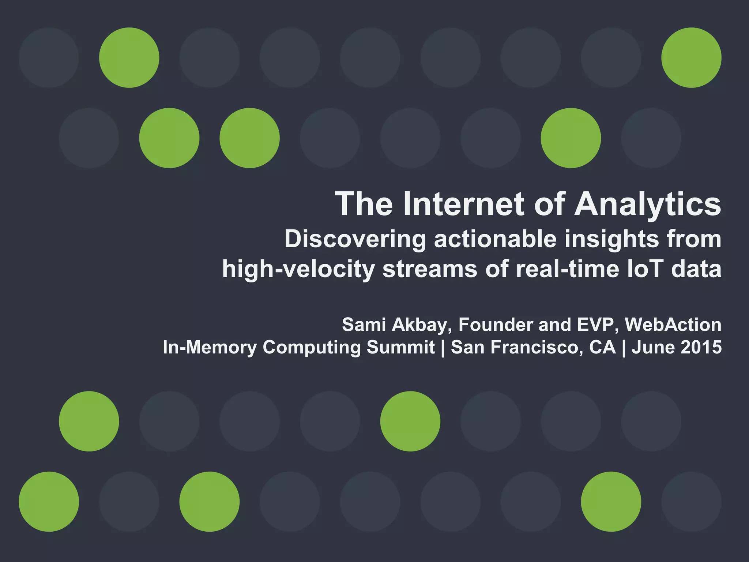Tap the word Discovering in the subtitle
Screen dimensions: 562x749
355,240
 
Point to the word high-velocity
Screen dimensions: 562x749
298,269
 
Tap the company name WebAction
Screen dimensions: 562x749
673,325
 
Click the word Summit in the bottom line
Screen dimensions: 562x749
400,347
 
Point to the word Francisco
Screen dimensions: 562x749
537,347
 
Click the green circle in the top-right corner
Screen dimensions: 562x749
691,57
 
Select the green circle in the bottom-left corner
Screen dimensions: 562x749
49,501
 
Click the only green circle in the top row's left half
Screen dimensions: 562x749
129,57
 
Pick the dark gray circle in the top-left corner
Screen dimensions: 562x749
49,57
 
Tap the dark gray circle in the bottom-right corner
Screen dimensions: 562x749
691,501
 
